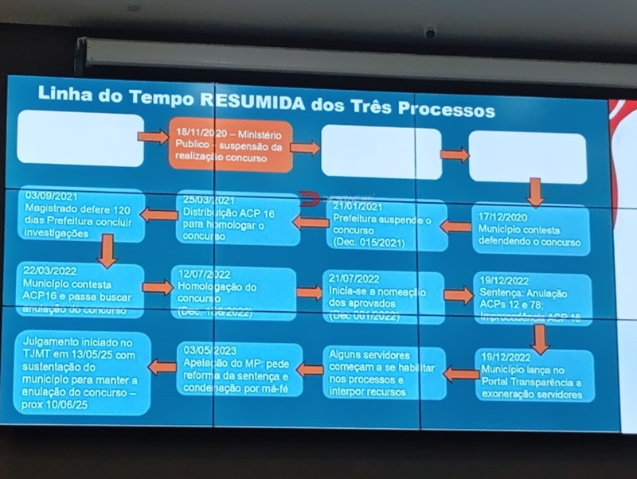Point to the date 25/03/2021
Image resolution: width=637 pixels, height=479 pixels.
pos(209,200)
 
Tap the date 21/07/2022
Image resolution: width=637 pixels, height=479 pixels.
pos(356,279)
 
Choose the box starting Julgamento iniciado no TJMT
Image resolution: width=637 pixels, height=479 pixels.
pos(81,372)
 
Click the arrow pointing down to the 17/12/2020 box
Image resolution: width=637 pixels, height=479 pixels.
pos(535,192)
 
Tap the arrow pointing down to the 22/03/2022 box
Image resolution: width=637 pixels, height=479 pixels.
pos(107,251)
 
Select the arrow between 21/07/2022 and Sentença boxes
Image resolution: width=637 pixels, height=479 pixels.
pos(458,295)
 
